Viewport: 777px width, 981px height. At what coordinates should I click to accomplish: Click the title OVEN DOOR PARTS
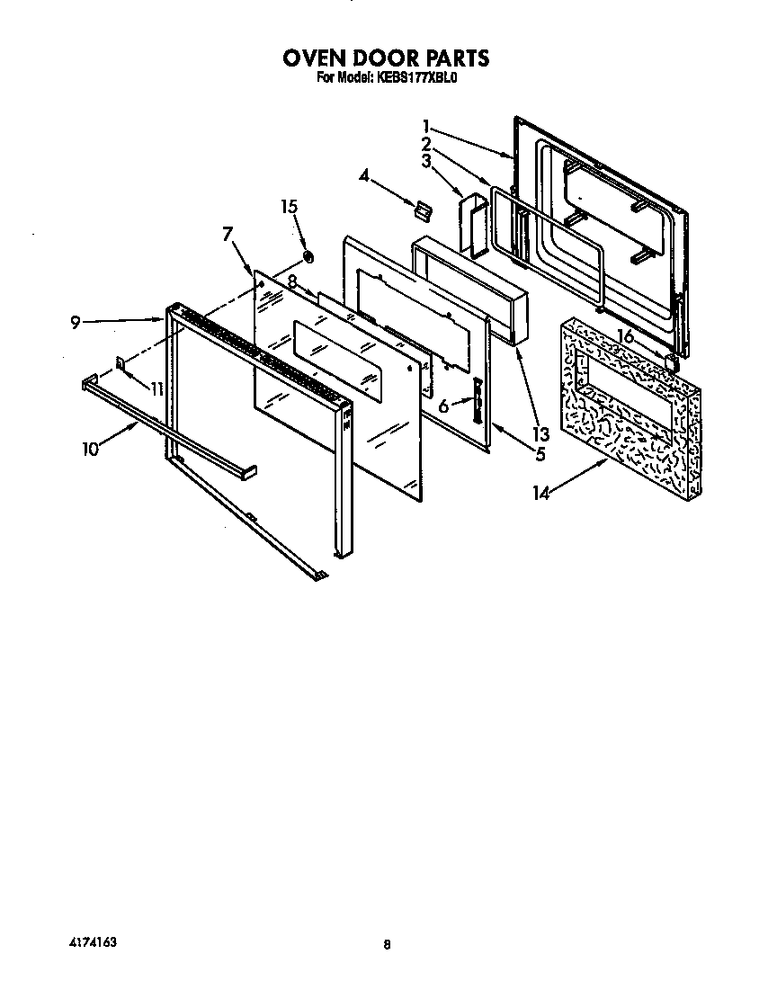click(387, 58)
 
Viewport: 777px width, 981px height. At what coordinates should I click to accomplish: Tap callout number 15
click(288, 208)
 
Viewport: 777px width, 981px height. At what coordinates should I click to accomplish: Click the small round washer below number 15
click(308, 258)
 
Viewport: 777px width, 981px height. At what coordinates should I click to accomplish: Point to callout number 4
click(363, 175)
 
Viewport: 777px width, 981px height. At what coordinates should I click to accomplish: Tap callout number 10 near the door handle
click(90, 449)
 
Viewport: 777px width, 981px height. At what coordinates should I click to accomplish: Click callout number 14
click(541, 492)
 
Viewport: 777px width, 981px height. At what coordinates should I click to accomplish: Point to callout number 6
click(443, 406)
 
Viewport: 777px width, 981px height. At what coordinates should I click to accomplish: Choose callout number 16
click(626, 335)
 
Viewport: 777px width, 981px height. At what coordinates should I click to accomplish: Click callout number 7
click(228, 236)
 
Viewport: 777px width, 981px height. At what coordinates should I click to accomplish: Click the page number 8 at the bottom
click(387, 944)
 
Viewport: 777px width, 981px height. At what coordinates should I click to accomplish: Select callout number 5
click(540, 455)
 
